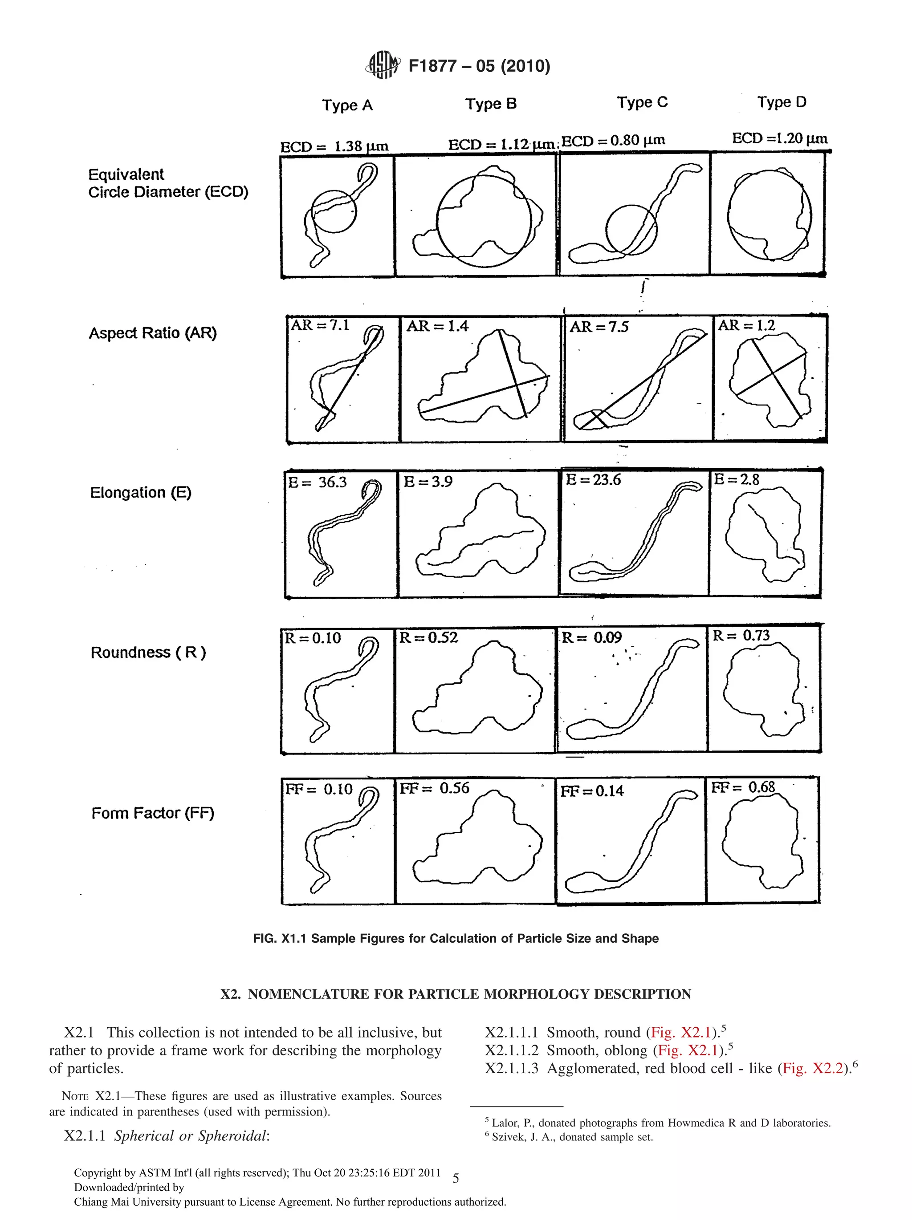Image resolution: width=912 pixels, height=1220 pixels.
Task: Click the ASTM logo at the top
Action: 383,65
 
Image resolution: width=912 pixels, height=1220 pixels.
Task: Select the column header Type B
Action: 490,104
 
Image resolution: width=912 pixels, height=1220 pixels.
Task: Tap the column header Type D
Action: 781,102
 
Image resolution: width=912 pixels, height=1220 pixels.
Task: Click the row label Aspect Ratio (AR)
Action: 153,333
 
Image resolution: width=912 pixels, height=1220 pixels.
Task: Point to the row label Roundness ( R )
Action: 148,653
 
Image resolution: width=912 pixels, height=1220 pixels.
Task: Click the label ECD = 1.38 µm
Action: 334,147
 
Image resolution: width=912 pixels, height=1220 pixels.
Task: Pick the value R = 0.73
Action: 741,636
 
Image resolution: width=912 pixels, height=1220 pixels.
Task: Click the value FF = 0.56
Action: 434,788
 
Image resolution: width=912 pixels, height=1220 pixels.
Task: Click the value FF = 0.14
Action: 592,791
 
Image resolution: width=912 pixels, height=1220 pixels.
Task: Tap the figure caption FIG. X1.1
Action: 455,938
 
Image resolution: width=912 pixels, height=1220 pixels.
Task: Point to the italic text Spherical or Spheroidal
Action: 191,1135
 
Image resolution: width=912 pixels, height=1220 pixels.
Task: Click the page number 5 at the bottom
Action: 455,1178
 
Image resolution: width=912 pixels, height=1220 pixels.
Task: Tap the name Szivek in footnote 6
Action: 508,1137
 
